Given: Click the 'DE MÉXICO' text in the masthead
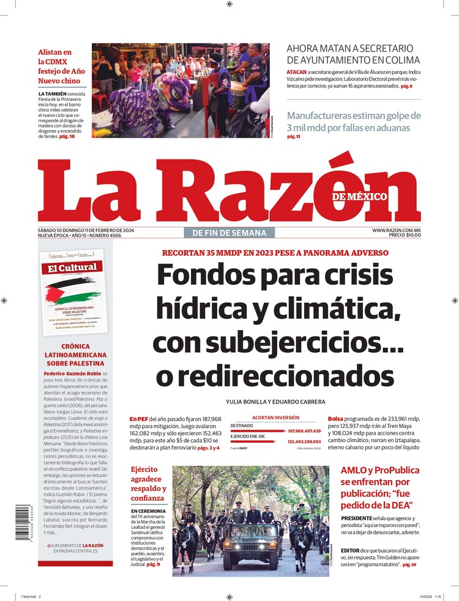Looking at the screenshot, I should (x=360, y=197).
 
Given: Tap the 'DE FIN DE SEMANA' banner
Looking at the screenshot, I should (x=229, y=232).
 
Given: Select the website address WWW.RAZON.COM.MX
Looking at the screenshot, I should (x=396, y=230).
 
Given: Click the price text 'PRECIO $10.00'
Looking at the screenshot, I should (x=405, y=235).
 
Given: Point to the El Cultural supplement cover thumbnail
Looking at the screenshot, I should (x=73, y=292).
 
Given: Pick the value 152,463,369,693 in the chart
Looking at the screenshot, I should (x=308, y=441).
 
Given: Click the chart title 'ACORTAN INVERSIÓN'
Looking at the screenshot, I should (x=275, y=418).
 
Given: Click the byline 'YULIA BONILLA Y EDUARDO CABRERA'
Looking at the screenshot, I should (x=275, y=402).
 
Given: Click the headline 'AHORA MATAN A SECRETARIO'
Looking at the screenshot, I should (x=350, y=48).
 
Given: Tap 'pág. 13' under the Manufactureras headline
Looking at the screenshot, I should (x=294, y=137).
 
